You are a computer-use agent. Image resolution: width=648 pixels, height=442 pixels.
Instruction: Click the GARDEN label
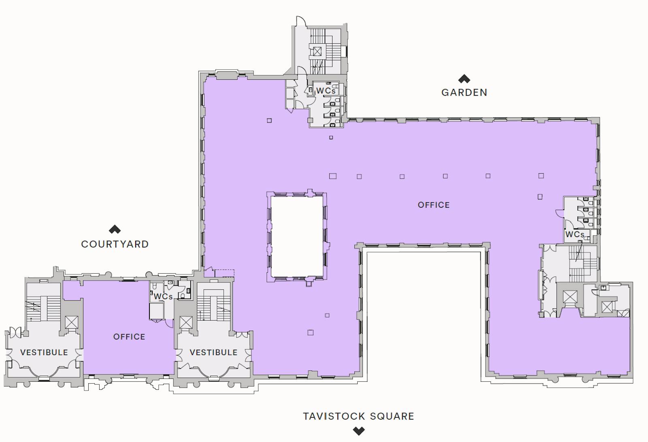click(464, 93)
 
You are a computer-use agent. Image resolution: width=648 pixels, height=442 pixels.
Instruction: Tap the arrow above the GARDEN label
click(464, 79)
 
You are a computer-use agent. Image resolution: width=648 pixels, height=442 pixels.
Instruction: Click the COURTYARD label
click(115, 244)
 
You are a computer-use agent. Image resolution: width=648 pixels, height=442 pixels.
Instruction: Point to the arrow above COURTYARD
click(115, 229)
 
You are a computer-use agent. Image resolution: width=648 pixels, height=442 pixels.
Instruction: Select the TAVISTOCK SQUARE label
click(358, 416)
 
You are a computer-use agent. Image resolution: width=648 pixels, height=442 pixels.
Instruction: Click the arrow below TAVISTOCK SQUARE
click(359, 431)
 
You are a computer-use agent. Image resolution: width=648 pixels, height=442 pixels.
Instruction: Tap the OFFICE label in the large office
click(434, 205)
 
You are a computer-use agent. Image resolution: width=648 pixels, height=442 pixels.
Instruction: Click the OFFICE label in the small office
click(129, 337)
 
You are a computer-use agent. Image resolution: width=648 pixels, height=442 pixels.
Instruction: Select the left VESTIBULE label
click(44, 353)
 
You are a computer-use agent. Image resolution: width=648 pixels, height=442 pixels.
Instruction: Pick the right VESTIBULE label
click(213, 353)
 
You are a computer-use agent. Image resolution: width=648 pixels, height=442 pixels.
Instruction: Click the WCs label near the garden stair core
click(326, 91)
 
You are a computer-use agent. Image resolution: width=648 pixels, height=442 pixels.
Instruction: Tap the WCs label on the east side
click(575, 234)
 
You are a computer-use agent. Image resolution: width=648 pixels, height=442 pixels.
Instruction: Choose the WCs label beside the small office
click(163, 297)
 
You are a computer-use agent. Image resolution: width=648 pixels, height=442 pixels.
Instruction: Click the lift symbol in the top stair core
click(317, 51)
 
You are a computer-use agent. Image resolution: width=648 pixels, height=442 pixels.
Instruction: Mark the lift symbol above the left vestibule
click(71, 322)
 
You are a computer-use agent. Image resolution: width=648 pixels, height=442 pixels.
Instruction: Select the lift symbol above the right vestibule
click(186, 323)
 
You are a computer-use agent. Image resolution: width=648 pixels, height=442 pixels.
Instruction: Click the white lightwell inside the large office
click(297, 236)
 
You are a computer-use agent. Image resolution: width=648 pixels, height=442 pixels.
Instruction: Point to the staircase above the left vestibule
click(44, 308)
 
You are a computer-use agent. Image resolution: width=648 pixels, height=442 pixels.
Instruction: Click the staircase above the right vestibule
click(213, 308)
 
